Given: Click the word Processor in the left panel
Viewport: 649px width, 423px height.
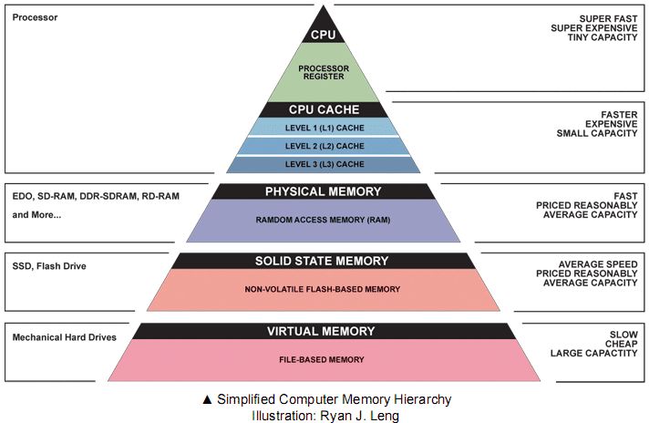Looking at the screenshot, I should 36,17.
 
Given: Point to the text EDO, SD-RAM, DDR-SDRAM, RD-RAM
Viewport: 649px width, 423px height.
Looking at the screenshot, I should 83,196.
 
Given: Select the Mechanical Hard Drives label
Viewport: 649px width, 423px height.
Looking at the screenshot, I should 65,337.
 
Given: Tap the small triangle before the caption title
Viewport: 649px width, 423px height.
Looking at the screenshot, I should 208,400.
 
